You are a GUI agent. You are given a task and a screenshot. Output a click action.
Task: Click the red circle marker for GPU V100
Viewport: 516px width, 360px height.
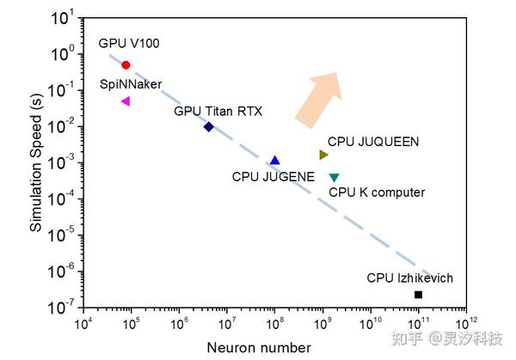pos(126,65)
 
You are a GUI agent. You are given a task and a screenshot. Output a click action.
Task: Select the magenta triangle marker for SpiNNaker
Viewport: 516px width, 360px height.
pos(126,101)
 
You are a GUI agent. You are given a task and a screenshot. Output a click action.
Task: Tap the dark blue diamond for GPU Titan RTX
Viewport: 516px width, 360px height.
pos(209,126)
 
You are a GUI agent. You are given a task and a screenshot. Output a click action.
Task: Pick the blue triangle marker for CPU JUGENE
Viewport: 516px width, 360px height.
pos(274,161)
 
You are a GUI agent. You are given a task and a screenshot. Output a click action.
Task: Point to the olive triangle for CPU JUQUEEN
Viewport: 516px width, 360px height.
pos(323,155)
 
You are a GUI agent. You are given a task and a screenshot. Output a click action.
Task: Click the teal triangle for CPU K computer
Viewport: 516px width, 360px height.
pos(334,177)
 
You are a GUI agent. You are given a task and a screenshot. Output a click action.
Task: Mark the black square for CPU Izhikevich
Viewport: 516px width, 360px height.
pos(418,295)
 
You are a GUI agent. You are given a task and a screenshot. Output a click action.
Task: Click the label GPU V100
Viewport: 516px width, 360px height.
pos(128,42)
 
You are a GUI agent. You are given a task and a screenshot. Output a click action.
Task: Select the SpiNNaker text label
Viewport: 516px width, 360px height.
pos(131,84)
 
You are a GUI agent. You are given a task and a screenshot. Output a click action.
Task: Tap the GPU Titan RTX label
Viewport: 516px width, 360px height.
pos(218,111)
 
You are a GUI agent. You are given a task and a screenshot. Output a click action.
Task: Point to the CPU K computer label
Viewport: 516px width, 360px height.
pos(377,192)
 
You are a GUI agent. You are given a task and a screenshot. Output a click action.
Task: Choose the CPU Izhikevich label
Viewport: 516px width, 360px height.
pos(409,278)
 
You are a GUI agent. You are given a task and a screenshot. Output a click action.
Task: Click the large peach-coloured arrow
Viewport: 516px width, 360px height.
pos(317,97)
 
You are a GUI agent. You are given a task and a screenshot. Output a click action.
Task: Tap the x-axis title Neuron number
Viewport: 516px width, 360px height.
pos(259,347)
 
